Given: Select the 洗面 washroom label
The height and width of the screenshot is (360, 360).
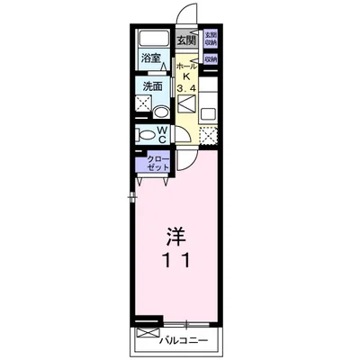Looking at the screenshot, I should point(152,87).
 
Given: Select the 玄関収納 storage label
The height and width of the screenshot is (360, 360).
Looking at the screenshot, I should point(210,39).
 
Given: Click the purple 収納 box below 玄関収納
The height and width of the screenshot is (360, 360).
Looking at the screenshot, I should point(210,59).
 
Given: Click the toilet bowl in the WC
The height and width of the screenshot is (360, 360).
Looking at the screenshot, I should point(146,134).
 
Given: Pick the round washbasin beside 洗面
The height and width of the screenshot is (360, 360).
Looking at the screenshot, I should point(159,112).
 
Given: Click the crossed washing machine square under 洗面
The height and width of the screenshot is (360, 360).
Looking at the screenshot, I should point(144,103).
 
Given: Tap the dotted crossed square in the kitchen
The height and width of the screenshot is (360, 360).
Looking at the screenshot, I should point(208,138).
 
